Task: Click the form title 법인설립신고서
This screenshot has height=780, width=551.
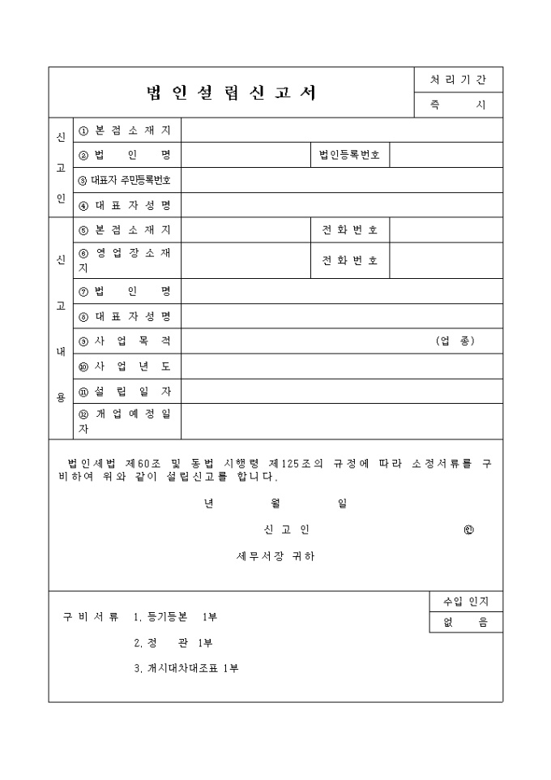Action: point(231,92)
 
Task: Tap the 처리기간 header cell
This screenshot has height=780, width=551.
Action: point(458,80)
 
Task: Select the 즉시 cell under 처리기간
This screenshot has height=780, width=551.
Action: point(458,105)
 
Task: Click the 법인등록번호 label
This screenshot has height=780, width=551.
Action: point(349,155)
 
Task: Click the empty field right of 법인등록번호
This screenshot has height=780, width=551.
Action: point(446,155)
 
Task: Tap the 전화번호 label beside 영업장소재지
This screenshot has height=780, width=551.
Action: point(349,260)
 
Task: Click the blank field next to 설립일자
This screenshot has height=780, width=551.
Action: point(340,391)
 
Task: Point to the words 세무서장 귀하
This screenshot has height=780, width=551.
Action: point(275,556)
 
